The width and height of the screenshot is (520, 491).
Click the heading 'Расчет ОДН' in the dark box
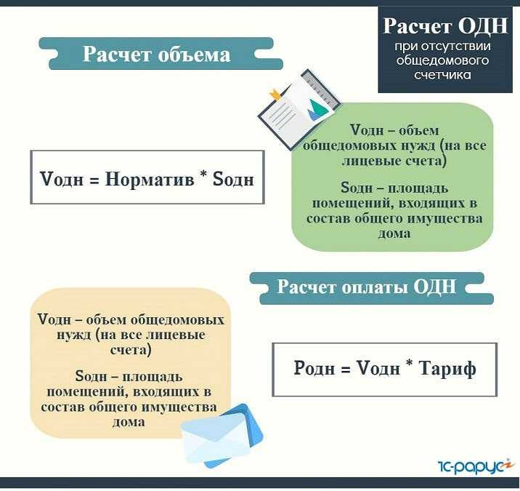point(444,27)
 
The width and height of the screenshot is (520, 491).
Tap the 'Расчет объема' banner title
point(156,55)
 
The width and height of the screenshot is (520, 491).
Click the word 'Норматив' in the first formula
point(149,177)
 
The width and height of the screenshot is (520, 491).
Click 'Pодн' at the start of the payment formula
point(313,369)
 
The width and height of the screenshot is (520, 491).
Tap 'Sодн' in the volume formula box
point(233,177)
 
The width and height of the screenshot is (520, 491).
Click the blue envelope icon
point(221,437)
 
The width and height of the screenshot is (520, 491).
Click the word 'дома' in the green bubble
point(393,233)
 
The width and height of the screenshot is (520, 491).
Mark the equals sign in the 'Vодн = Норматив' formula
point(92,178)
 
